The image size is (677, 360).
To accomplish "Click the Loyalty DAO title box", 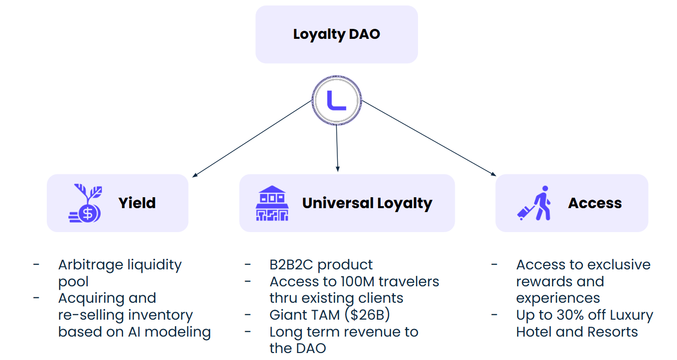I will click(336, 34).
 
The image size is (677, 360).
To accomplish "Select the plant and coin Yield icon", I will click(85, 203).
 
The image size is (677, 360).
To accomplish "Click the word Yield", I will click(137, 203).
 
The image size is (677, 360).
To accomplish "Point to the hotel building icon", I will click(272, 203).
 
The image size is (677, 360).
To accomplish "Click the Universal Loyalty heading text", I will click(367, 203).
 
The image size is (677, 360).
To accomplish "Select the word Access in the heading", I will click(595, 203).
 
